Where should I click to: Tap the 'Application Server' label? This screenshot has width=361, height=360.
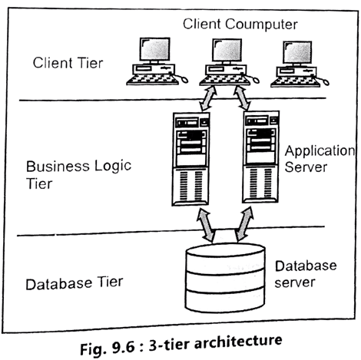click(317, 160)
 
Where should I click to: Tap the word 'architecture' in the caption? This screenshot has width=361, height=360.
click(246, 339)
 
